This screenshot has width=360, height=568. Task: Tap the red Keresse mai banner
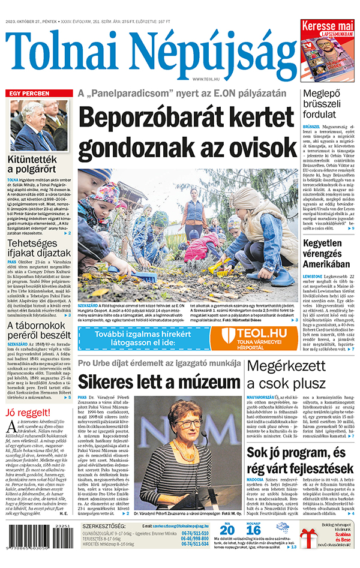(x=327, y=27)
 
